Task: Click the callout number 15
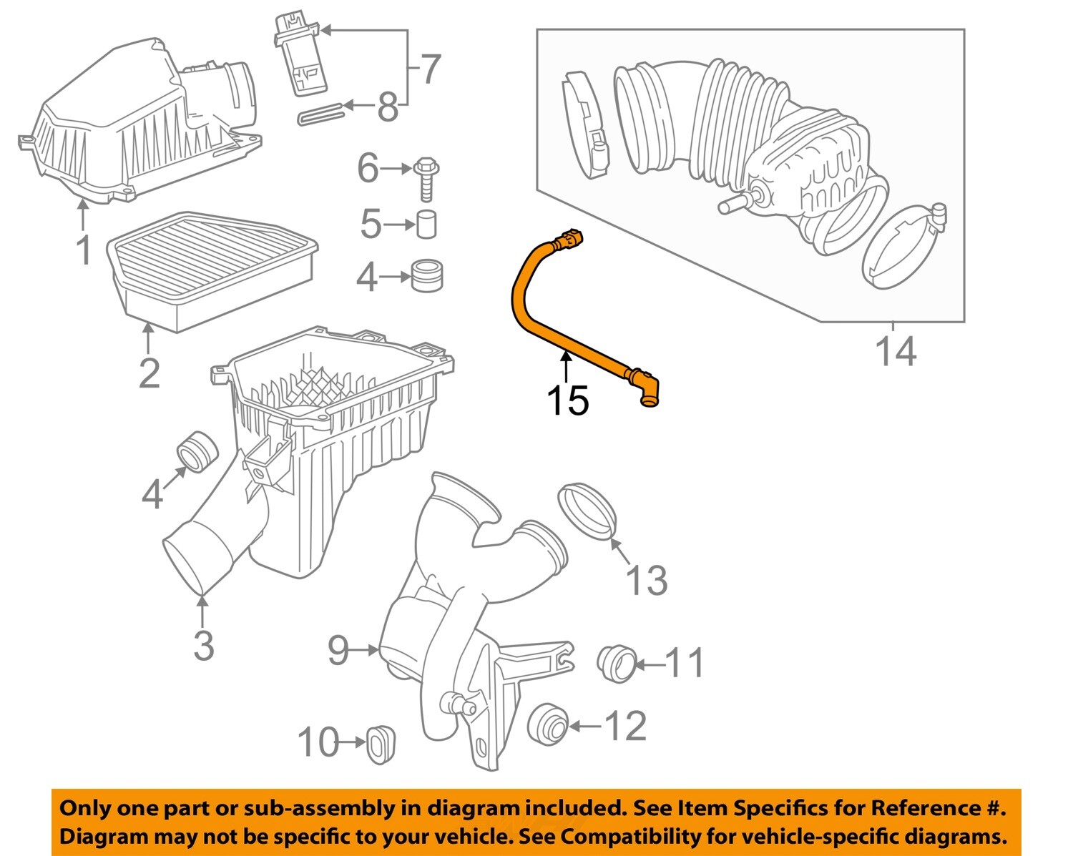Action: click(x=567, y=400)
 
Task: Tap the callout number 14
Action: click(x=896, y=352)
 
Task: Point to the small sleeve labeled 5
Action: click(x=426, y=225)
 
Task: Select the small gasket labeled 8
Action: click(x=320, y=114)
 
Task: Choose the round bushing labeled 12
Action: click(x=549, y=724)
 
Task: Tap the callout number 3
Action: click(x=204, y=645)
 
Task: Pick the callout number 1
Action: click(x=84, y=250)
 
